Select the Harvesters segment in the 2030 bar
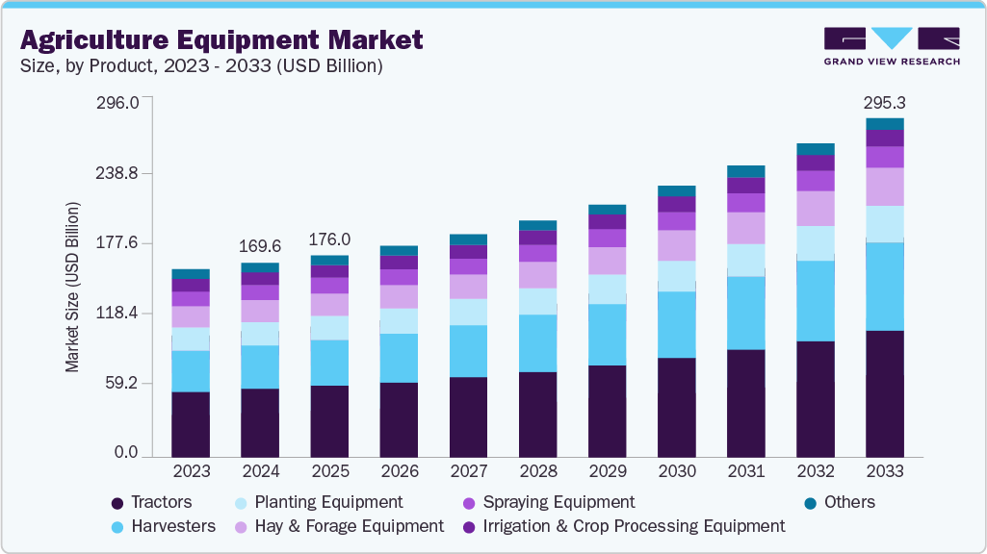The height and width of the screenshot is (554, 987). click(676, 324)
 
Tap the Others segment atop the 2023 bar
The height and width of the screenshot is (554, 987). click(191, 274)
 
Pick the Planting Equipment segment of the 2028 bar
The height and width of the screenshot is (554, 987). click(537, 301)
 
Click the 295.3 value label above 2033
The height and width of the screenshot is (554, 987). click(885, 102)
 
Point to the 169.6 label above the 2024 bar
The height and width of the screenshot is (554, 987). click(260, 246)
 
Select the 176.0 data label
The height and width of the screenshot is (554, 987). click(329, 239)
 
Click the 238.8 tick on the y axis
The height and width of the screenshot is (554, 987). click(117, 173)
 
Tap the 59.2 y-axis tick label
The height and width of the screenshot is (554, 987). click(121, 384)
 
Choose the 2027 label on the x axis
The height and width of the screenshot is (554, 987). click(468, 472)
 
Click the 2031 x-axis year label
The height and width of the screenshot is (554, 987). click(745, 472)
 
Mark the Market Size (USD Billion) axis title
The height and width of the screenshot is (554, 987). click(72, 288)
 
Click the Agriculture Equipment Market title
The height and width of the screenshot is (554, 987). click(221, 40)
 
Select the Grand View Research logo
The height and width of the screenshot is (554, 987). click(891, 45)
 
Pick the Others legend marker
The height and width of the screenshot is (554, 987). click(810, 503)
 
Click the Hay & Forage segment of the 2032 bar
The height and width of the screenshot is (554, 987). click(815, 208)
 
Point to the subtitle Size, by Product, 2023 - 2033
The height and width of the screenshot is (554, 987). click(201, 66)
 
